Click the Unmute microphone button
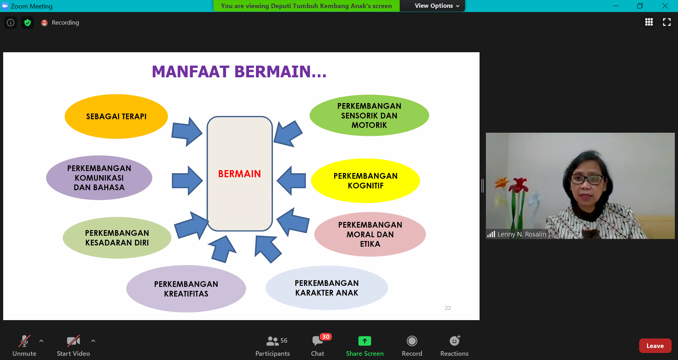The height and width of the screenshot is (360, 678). [x=24, y=341]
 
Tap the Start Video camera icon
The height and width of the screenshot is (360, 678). [x=73, y=341]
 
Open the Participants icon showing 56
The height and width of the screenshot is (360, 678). [x=273, y=341]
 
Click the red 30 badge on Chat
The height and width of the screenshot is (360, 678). [x=326, y=337]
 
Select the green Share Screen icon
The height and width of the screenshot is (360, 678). [x=365, y=341]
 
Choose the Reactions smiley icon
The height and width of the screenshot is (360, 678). [x=455, y=341]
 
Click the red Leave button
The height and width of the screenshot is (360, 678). [x=655, y=346]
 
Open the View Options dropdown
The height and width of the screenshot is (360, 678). [x=437, y=6]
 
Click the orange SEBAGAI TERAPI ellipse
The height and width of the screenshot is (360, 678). [x=116, y=116]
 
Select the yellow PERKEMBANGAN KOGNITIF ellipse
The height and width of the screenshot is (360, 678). [x=365, y=181]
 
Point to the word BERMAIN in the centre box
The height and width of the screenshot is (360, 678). [x=239, y=174]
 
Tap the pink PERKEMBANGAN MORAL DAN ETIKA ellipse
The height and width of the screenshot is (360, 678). [x=370, y=234]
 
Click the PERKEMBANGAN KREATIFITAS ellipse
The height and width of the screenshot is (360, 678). [x=186, y=289]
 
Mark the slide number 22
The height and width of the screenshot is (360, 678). [x=448, y=308]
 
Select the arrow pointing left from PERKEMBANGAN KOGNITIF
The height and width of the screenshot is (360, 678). [x=291, y=180]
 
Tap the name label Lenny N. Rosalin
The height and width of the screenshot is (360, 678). [x=522, y=234]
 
